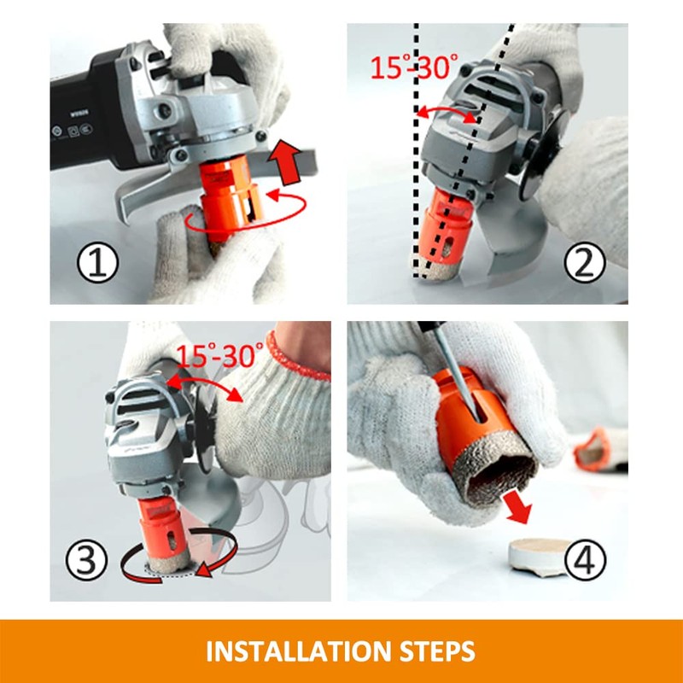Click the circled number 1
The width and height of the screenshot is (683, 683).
[x=97, y=263]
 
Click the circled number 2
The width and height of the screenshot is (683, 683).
[x=585, y=263]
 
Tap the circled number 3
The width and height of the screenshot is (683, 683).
[x=86, y=560]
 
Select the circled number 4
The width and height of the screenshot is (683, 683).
[x=585, y=560]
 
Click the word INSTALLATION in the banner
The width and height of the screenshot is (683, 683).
[x=299, y=651]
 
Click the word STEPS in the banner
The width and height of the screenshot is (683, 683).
[x=437, y=651]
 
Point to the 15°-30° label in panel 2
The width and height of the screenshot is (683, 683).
[x=414, y=67]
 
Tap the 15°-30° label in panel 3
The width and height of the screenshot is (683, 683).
[x=219, y=355]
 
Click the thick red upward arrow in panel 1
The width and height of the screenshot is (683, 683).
[x=285, y=162]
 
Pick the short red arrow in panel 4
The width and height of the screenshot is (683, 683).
[x=518, y=507]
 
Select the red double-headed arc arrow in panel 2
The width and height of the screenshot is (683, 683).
[x=446, y=109]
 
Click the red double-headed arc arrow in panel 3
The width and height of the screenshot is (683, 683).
[x=205, y=381]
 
